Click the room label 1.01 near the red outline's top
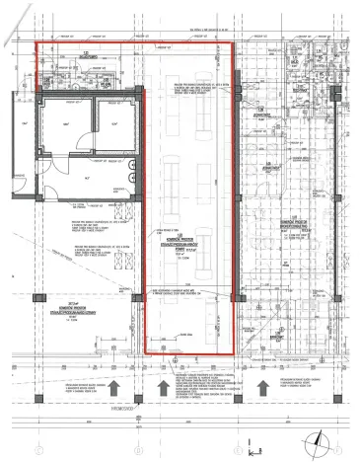[87, 56]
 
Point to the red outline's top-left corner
[36, 44]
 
